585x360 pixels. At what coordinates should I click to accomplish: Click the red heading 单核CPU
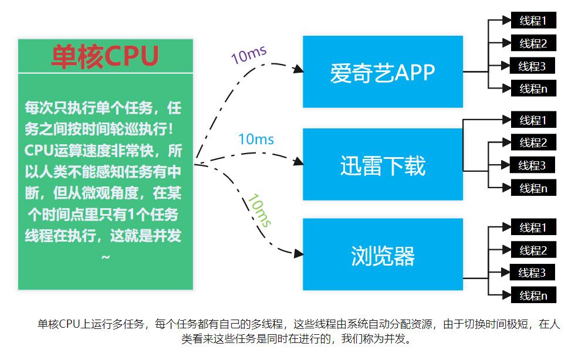tap(105, 56)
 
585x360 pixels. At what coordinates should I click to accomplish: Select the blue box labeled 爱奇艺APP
tap(383, 72)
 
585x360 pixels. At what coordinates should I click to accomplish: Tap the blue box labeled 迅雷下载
tap(383, 165)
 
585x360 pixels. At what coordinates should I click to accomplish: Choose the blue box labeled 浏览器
tap(383, 256)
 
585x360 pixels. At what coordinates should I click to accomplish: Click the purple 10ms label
tap(249, 55)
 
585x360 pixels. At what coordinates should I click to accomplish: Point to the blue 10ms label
tap(256, 140)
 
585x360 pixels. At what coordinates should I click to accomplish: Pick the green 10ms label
tap(259, 210)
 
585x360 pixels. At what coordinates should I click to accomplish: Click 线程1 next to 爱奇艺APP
tap(533, 21)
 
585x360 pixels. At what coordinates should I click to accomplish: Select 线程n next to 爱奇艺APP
tap(533, 89)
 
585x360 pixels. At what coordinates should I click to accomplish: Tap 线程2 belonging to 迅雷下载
tap(533, 142)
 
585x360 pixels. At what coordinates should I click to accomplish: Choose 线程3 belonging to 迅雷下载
tap(533, 165)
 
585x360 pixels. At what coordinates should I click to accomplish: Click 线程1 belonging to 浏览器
tap(533, 227)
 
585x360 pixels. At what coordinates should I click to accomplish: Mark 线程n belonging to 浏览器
tap(533, 296)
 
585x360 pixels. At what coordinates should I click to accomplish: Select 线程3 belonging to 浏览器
tap(533, 273)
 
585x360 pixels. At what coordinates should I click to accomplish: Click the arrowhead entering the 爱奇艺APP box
tap(298, 69)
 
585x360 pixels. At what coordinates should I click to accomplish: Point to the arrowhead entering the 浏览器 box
tap(298, 254)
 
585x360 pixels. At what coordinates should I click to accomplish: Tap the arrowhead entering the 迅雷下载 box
tap(298, 162)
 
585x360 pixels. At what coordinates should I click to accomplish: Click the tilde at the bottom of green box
tap(106, 257)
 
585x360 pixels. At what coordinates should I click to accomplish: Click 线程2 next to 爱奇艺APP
tap(533, 43)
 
